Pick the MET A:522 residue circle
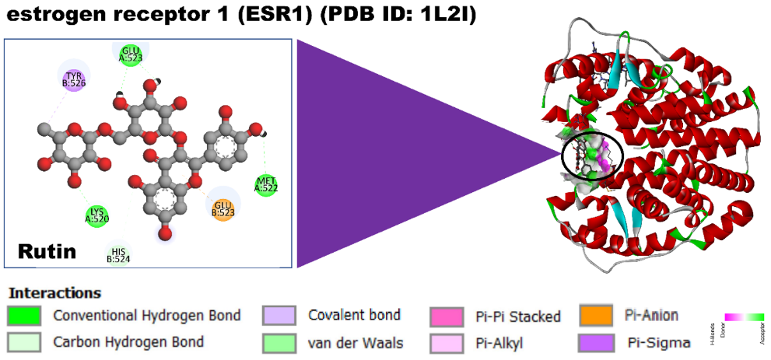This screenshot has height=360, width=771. click(x=266, y=184)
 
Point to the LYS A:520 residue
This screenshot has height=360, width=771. click(x=97, y=215)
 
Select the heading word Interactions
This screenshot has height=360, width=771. click(x=54, y=293)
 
